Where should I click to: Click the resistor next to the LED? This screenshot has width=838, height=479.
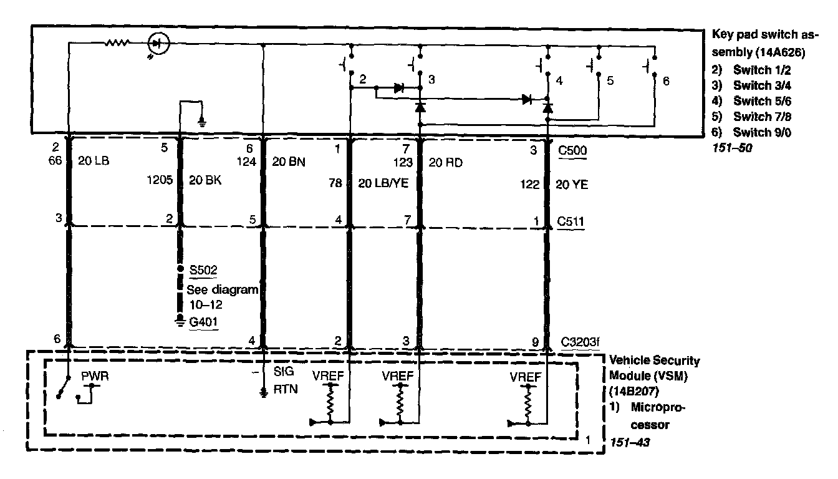tap(117, 43)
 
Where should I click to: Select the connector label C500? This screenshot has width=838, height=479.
tap(572, 150)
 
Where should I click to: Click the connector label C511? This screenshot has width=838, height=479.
tap(572, 221)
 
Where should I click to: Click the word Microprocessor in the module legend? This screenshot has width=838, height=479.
tap(658, 416)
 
